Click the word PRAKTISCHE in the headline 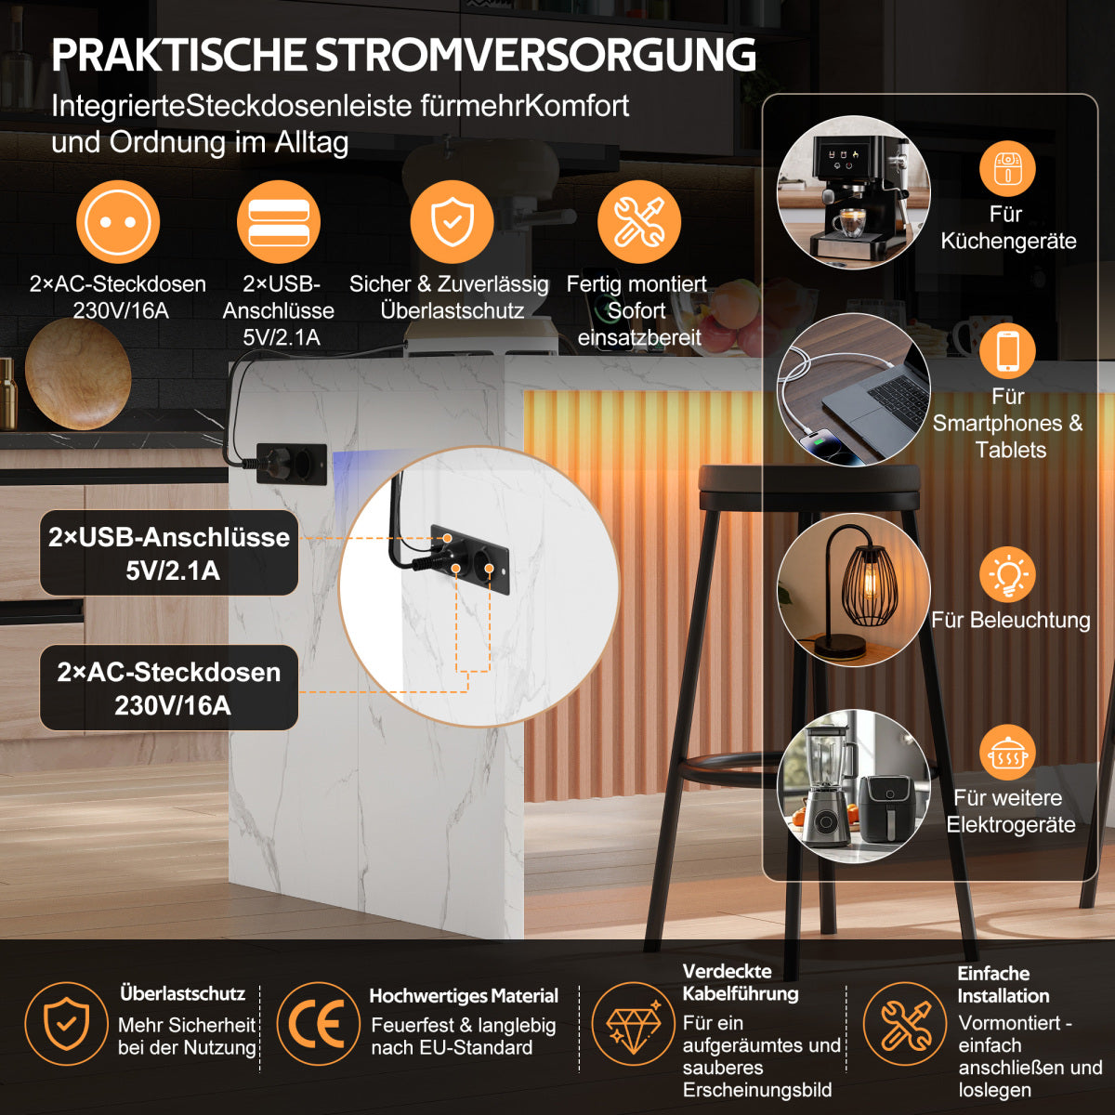coord(178,56)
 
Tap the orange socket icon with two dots coord(118,222)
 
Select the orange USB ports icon coord(279,222)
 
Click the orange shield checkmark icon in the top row coord(452,222)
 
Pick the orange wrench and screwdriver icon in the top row coord(639,222)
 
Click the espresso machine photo coord(854,192)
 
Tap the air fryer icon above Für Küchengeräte coord(1007,168)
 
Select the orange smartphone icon coord(1007,351)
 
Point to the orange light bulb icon coord(1007,574)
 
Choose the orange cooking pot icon coord(1007,753)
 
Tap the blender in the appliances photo coord(824,787)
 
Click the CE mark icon coord(319,1024)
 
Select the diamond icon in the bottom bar coord(634,1024)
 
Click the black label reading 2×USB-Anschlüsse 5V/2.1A coord(169,553)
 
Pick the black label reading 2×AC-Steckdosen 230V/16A coord(169,688)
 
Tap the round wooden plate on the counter coord(78,375)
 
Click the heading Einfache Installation coord(1003,984)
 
